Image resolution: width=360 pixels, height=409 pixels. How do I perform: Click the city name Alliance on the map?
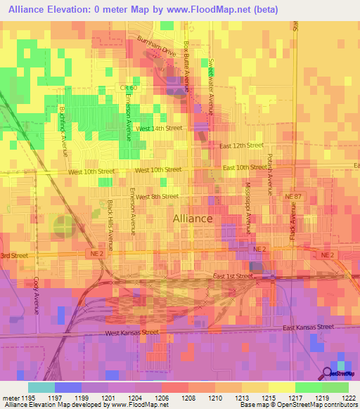(x=193, y=219)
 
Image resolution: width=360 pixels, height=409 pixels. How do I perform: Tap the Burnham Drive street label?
(x=157, y=48)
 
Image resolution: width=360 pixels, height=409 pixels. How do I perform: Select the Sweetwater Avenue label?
(x=210, y=81)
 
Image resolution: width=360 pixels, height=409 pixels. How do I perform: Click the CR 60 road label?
(x=127, y=87)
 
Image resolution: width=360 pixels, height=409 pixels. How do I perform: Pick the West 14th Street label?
(x=159, y=129)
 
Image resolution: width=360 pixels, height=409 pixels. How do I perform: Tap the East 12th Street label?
(x=240, y=145)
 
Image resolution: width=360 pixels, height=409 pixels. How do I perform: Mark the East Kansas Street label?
(x=308, y=327)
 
